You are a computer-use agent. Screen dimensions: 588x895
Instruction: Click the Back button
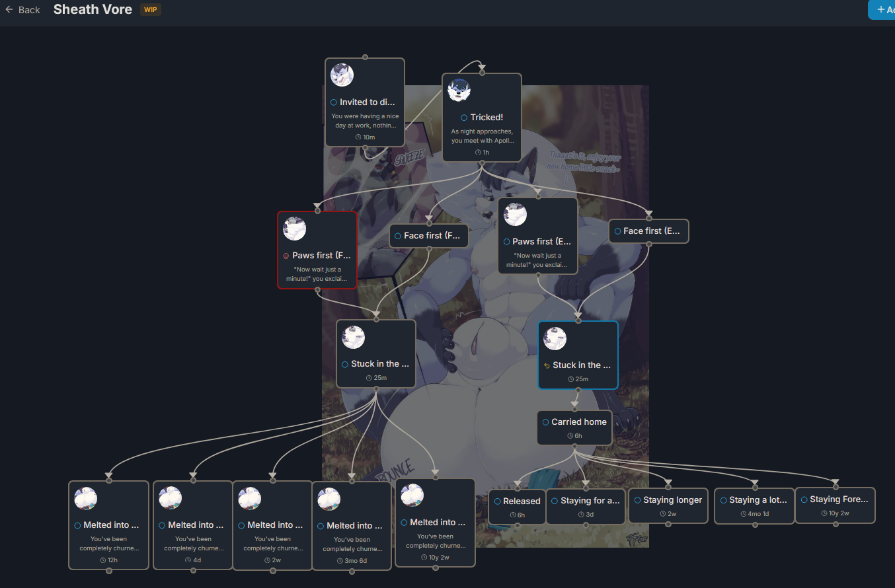pos(22,10)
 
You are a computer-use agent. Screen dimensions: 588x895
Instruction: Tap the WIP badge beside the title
pos(150,10)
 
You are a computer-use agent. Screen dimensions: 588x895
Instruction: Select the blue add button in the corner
pos(883,10)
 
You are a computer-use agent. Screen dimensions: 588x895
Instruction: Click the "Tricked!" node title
pos(486,117)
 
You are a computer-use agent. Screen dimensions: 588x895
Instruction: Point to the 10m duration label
pos(366,137)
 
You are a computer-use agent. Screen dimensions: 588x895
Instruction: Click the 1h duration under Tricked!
pos(482,152)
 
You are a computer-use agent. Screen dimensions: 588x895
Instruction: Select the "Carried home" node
pos(574,427)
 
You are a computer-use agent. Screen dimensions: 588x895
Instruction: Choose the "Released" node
pos(518,507)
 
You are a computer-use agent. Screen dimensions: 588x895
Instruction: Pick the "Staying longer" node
pos(668,505)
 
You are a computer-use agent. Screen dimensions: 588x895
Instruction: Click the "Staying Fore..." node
pos(835,505)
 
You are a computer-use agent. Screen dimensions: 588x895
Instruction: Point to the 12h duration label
pos(109,560)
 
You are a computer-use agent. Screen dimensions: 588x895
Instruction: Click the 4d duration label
pos(193,560)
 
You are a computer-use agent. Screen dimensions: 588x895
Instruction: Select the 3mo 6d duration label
pos(352,561)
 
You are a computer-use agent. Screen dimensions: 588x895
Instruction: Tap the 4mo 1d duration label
pos(754,514)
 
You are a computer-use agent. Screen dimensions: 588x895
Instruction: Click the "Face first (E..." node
pos(648,231)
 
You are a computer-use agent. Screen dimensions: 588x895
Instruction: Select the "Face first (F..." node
pos(429,236)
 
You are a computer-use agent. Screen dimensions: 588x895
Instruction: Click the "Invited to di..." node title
pos(368,102)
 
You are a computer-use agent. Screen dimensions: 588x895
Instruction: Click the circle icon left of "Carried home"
pos(545,422)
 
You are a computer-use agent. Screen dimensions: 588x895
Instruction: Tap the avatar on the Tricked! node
pos(459,90)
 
